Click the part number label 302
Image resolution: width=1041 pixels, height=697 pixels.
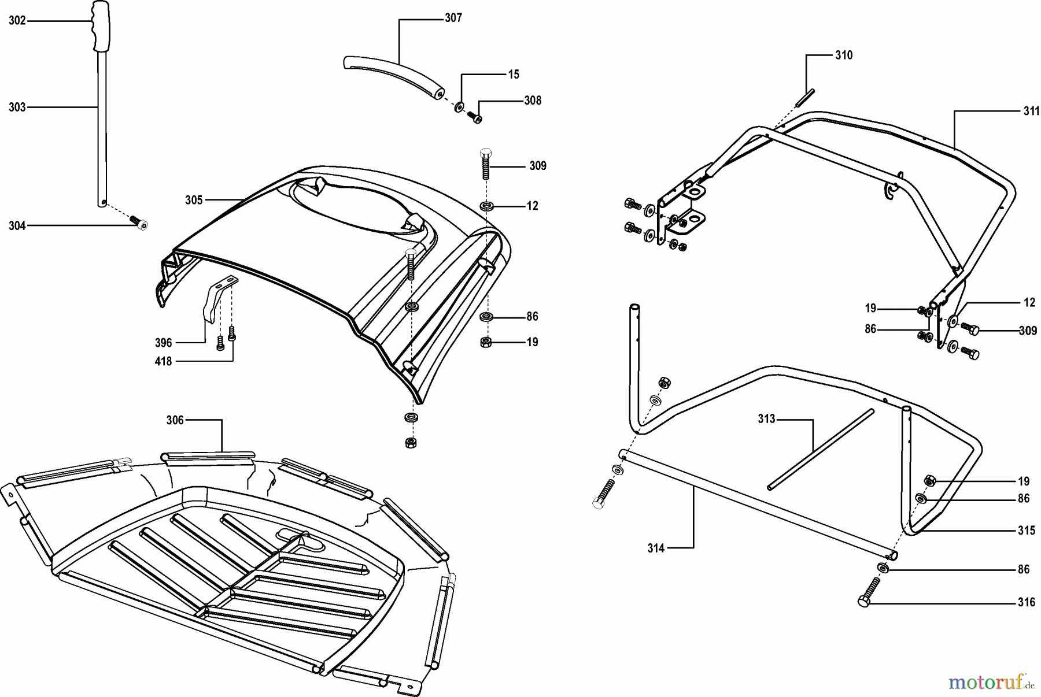click(17, 21)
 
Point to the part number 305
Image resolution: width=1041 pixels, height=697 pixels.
click(194, 200)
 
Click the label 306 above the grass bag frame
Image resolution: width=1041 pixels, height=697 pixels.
click(175, 420)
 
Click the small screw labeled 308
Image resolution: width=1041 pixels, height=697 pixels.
click(475, 117)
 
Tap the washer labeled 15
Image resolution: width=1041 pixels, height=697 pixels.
click(459, 106)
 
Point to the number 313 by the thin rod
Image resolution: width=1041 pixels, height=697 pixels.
click(766, 419)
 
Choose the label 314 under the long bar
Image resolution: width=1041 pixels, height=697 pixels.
click(656, 548)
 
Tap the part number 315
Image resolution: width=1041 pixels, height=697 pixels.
click(1027, 531)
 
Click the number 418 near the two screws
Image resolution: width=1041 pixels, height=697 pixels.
click(164, 362)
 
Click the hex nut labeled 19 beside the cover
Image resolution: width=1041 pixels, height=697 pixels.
click(486, 342)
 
